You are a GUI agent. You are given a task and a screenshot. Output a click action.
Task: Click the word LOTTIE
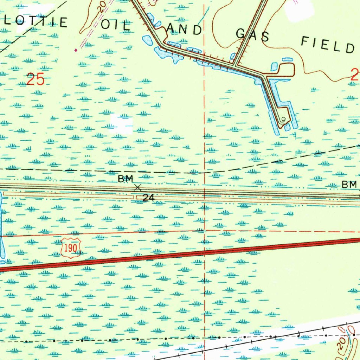point(35,22)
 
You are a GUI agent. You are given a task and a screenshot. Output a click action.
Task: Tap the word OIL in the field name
point(116,25)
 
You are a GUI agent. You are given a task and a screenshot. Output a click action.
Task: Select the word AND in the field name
point(186,30)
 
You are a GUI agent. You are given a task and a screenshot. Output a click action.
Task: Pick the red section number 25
point(36,79)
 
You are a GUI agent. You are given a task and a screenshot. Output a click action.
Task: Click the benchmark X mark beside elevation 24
point(138,188)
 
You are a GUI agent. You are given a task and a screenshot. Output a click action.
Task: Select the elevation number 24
point(148,198)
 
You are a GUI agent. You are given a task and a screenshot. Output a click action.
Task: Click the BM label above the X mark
point(126,179)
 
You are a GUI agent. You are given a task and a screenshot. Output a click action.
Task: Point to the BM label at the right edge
point(349,184)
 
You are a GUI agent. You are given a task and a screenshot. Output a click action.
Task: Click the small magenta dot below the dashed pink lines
point(76,50)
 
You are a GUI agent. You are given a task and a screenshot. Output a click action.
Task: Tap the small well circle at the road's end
point(283,118)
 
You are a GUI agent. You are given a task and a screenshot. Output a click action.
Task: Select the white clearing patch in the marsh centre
point(122,123)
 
